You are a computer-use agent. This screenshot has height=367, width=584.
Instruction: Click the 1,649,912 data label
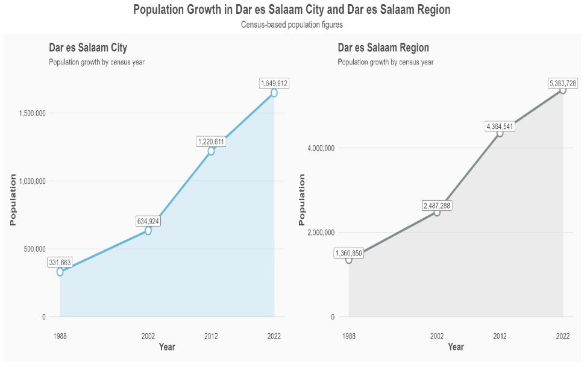[274, 83]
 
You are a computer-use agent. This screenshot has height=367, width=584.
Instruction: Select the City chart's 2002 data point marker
[148, 231]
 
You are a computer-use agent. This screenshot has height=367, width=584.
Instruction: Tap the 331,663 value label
[60, 263]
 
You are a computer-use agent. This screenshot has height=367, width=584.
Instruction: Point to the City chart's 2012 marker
[211, 151]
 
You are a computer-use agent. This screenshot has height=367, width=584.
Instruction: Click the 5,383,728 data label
[563, 84]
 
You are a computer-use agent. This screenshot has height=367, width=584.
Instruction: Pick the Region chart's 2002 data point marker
[437, 212]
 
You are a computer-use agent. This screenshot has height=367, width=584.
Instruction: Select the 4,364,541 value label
[500, 127]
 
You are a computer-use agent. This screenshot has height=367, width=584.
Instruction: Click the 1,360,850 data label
[349, 253]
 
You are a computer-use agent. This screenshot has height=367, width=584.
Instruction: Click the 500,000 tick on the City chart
[34, 249]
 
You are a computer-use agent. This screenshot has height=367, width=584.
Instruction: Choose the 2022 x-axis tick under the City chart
[274, 336]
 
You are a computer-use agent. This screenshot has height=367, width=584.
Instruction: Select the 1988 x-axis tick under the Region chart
[348, 336]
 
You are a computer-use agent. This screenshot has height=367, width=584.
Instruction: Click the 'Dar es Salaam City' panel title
[88, 48]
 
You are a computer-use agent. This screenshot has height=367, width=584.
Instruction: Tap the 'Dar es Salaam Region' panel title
[383, 48]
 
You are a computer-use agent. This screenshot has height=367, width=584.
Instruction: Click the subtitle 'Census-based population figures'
[292, 25]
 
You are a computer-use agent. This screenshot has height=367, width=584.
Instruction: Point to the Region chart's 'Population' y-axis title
[302, 199]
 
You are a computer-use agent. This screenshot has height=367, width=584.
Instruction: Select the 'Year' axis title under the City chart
[167, 347]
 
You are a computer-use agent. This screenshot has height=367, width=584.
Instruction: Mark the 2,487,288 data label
[437, 205]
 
